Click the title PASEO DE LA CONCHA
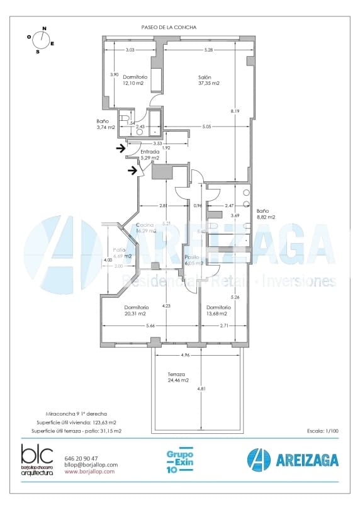pyautogui.click(x=169, y=27)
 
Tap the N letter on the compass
pyautogui.click(x=44, y=28)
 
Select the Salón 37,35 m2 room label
pyautogui.click(x=208, y=80)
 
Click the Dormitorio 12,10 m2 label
pyautogui.click(x=134, y=80)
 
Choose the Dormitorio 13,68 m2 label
pyautogui.click(x=218, y=310)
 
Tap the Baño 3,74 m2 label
pyautogui.click(x=105, y=124)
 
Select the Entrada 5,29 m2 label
pyautogui.click(x=150, y=155)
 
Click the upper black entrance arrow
pyautogui.click(x=121, y=149)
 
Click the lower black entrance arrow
pyautogui.click(x=133, y=169)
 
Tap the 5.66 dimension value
pyautogui.click(x=150, y=326)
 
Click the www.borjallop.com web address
pyautogui.click(x=89, y=471)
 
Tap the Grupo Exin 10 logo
pyautogui.click(x=179, y=461)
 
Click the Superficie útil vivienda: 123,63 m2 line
pyautogui.click(x=77, y=422)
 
